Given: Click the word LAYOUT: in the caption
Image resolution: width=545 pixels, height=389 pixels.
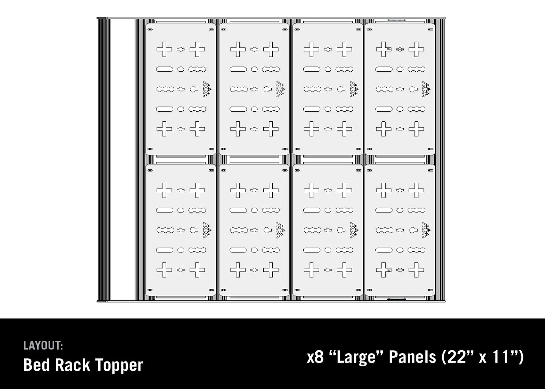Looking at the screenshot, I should [43, 345].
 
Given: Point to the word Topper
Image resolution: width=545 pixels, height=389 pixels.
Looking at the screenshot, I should [119, 365].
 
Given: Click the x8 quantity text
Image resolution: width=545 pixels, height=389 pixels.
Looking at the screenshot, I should [315, 357].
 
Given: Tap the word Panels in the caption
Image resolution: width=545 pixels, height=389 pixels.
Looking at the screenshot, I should [412, 357].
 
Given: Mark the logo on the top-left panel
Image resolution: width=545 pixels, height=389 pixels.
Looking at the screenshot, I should [206, 89].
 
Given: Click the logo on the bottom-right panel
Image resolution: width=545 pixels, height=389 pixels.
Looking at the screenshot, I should [426, 230].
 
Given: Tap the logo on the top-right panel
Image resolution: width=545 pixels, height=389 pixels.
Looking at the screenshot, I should [426, 89].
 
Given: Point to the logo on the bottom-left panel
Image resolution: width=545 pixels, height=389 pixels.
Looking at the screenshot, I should [206, 230].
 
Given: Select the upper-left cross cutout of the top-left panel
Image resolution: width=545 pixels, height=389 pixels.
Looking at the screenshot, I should [164, 49].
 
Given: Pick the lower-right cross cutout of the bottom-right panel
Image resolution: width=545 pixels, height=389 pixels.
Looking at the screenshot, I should [416, 270].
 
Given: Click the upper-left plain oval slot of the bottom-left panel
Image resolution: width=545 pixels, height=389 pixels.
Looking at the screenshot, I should [164, 210].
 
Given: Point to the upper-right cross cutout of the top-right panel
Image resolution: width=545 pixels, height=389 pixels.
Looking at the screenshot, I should [416, 49].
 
